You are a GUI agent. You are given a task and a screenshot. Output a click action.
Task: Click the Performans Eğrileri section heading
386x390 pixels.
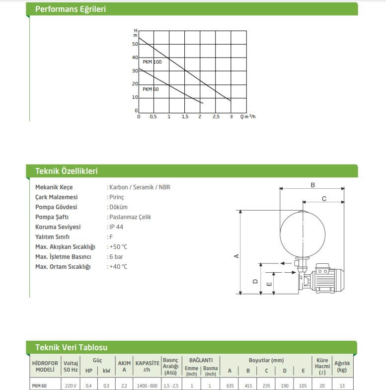tap(70, 9)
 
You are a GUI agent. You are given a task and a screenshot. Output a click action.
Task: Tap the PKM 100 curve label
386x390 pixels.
tap(152, 62)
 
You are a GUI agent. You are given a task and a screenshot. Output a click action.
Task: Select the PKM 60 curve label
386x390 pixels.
tap(151, 89)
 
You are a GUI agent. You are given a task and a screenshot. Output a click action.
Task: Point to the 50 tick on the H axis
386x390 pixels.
tap(135, 44)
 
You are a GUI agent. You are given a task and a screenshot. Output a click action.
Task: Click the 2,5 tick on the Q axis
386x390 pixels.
tap(216, 117)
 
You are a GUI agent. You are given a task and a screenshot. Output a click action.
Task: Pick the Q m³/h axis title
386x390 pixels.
tap(248, 117)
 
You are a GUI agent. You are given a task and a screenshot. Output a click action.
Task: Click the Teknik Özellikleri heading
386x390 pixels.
tap(66, 171)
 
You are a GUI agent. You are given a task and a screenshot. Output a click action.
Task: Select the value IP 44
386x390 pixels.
tap(115, 227)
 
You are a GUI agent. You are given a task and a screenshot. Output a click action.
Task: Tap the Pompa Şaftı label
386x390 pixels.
tap(52, 217)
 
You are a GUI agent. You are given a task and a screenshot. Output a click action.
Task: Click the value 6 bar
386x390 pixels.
tap(116, 257)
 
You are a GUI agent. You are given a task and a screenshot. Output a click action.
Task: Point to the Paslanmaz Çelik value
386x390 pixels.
tap(129, 217)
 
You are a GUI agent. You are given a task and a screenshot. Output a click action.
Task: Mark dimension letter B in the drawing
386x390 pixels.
tap(312, 185)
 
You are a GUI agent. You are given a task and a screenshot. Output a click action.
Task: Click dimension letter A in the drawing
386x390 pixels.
tap(236, 256)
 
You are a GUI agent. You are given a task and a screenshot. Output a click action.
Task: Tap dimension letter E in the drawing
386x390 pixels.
tap(269, 284)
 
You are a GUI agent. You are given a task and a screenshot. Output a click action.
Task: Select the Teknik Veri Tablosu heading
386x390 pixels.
tap(71, 348)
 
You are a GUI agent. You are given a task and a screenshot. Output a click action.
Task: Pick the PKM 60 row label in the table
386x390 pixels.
tap(39, 386)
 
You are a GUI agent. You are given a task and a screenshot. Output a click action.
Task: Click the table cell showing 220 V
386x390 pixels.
tap(71, 386)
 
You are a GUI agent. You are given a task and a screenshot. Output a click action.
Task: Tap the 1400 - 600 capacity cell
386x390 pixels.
tap(147, 386)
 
